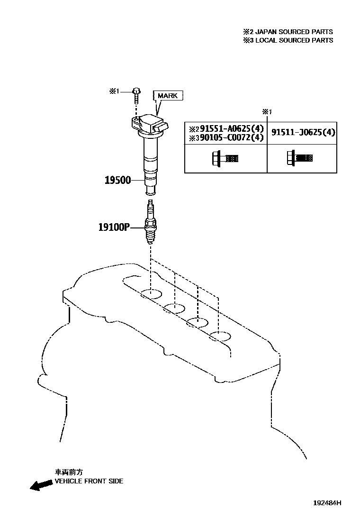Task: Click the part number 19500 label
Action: [117, 181]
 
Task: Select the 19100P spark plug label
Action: [114, 227]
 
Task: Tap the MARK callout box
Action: [167, 95]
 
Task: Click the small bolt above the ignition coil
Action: [136, 95]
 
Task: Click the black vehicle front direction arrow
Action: [40, 484]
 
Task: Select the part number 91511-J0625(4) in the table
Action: [303, 133]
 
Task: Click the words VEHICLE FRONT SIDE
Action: [89, 481]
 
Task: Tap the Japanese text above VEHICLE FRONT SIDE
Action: [69, 472]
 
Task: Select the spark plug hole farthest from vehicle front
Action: [220, 337]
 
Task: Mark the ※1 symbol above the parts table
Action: [267, 112]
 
